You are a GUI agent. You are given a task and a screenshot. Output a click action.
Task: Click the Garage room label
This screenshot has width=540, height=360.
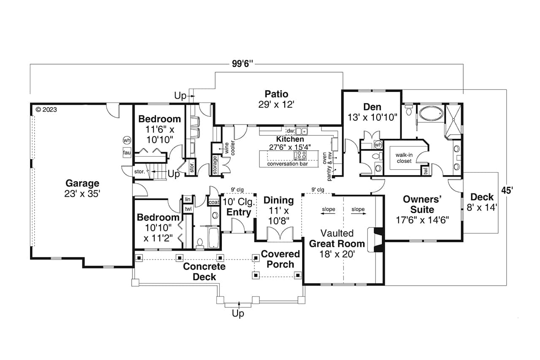click(82, 188)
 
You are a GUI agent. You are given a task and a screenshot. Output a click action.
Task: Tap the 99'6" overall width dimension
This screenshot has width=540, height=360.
click(242, 64)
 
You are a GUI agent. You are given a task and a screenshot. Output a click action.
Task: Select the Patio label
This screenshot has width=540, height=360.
click(276, 99)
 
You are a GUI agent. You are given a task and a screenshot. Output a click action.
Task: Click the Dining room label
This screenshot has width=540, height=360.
click(278, 210)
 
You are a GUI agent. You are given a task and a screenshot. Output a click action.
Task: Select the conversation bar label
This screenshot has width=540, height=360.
click(287, 164)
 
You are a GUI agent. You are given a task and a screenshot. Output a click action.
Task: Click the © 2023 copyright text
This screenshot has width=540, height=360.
click(46, 109)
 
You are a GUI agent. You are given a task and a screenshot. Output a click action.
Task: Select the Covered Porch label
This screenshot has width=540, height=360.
click(280, 259)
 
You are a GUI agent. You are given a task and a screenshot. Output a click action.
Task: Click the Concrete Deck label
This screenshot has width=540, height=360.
click(204, 272)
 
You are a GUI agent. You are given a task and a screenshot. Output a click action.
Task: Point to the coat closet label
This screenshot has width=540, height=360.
click(214, 203)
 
